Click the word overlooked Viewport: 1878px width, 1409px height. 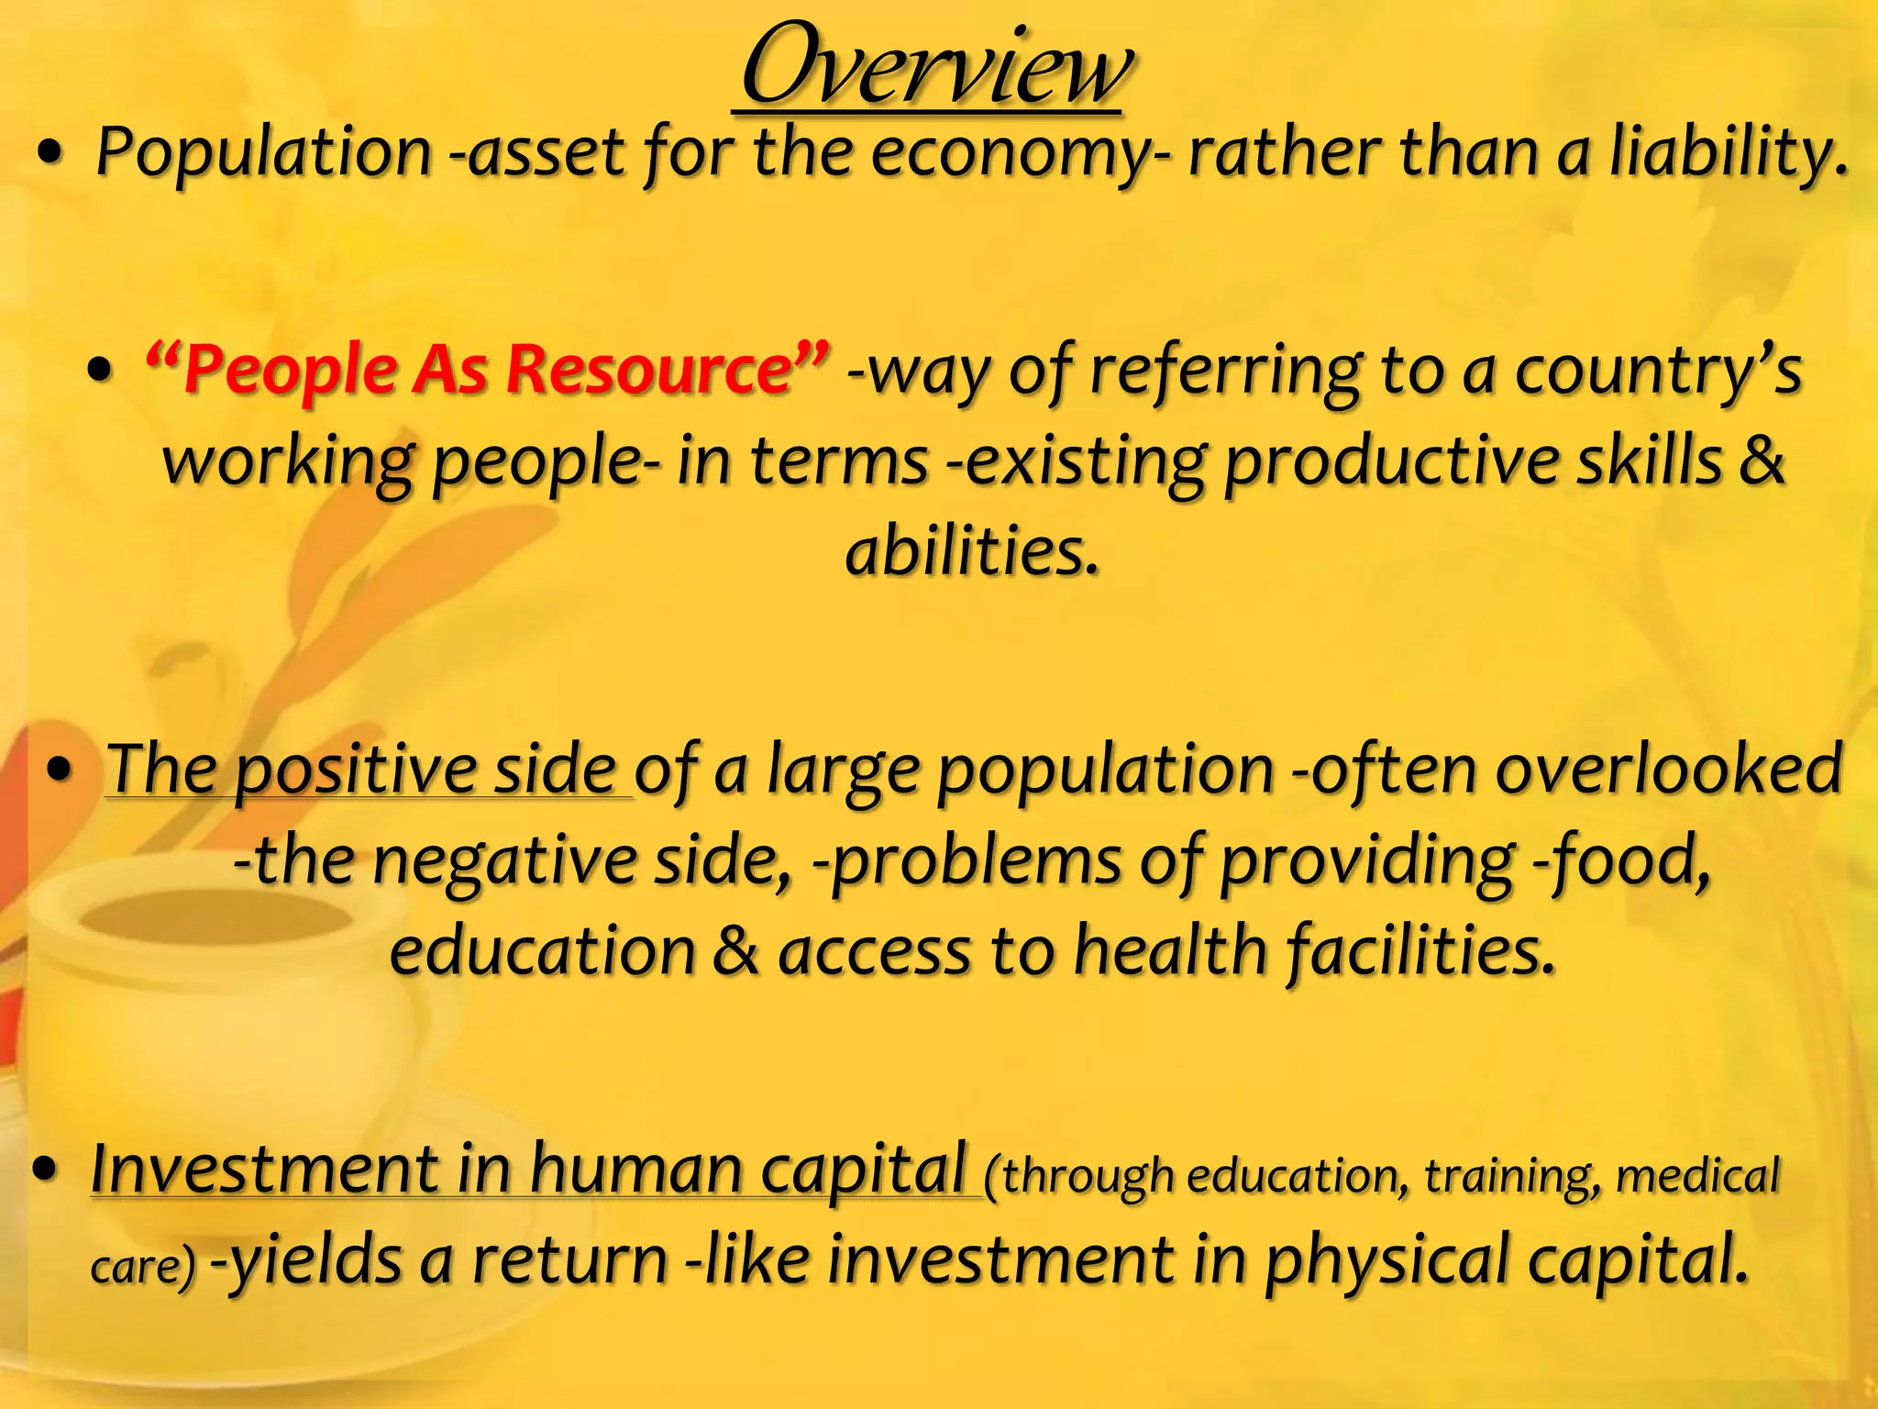[1669, 768]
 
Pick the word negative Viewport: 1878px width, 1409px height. [504, 861]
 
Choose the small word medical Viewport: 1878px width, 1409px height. [1696, 1175]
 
